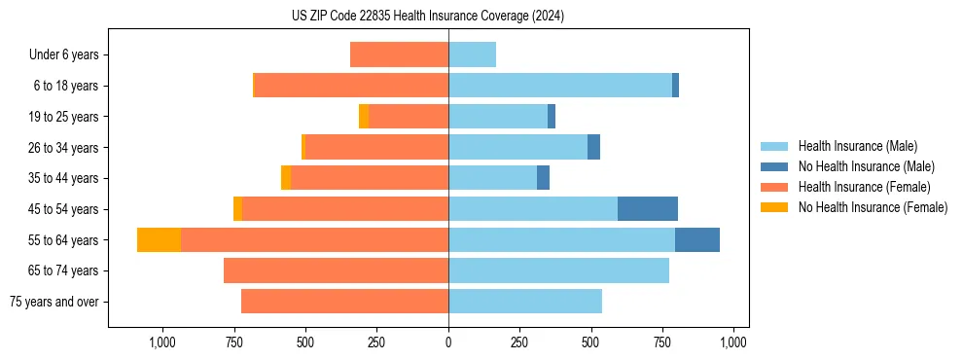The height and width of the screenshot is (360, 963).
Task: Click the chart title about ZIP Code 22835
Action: click(428, 17)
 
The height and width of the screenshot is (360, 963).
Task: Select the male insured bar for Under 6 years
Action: click(472, 54)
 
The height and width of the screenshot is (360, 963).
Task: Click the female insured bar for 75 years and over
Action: click(344, 302)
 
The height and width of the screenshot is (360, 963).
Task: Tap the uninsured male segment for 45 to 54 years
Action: click(647, 209)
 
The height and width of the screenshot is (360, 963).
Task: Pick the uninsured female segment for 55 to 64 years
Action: click(159, 240)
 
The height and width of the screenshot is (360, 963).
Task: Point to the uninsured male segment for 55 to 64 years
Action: click(696, 240)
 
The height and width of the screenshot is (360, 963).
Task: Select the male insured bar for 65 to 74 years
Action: click(558, 270)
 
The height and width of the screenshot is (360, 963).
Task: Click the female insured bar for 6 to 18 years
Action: click(351, 86)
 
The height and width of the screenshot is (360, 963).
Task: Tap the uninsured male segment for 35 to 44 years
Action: click(543, 178)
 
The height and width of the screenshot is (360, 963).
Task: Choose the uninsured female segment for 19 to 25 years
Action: click(364, 117)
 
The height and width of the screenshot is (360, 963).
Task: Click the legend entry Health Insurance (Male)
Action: click(857, 146)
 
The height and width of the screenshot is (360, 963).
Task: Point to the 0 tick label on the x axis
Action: click(448, 342)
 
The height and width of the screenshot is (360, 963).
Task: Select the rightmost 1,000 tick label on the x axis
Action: click(733, 342)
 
